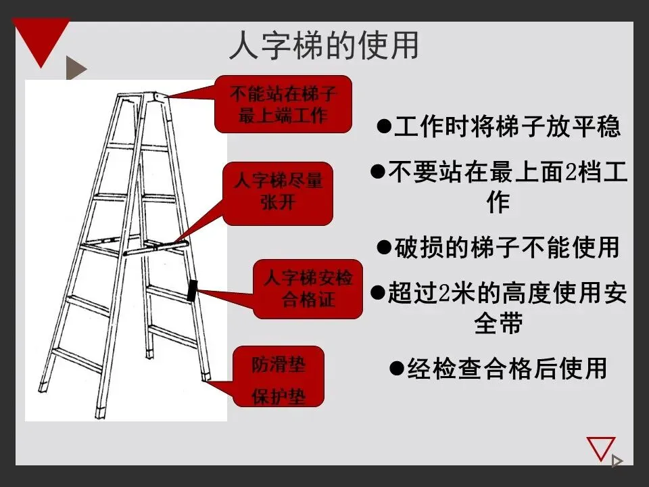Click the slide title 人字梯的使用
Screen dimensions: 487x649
point(324,46)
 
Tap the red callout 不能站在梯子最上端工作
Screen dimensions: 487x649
point(283,103)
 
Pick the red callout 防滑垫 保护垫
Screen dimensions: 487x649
point(279,377)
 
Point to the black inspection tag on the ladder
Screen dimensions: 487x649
point(192,290)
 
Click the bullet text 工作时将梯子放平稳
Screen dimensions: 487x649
point(498,126)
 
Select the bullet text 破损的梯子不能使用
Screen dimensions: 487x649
point(498,248)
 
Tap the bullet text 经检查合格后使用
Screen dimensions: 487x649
point(498,369)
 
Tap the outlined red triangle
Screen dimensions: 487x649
point(600,448)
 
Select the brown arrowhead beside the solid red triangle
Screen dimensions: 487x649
point(75,68)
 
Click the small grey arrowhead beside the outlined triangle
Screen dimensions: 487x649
point(617,461)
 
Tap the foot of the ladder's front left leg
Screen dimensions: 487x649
point(44,388)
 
